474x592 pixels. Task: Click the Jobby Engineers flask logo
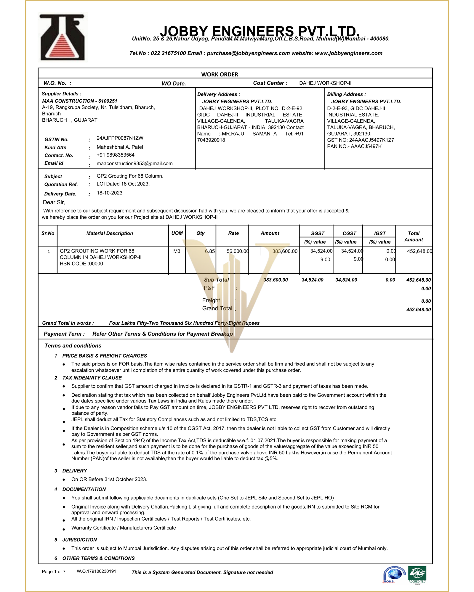(63, 38)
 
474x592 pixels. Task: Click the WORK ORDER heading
(220, 75)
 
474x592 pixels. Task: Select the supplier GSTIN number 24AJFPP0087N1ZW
(120, 138)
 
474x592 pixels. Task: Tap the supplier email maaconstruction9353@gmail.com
(134, 164)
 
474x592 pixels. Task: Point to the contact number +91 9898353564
(115, 155)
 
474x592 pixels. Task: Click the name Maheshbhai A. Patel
(120, 147)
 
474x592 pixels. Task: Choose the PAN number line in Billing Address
(354, 147)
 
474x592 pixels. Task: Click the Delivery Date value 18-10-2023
(109, 193)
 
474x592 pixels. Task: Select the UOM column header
(177, 233)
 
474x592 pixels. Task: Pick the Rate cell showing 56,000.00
(237, 251)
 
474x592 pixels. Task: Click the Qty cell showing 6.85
(210, 251)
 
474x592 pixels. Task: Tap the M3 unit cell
(177, 251)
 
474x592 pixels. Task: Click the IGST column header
(379, 233)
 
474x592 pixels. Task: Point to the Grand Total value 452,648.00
(418, 310)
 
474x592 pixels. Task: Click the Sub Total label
(216, 280)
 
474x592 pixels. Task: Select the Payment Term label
(64, 334)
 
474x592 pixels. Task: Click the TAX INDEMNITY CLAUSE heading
(92, 378)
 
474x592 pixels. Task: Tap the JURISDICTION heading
(79, 540)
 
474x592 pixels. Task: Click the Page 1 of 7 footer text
(54, 572)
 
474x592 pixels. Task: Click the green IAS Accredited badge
(417, 574)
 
